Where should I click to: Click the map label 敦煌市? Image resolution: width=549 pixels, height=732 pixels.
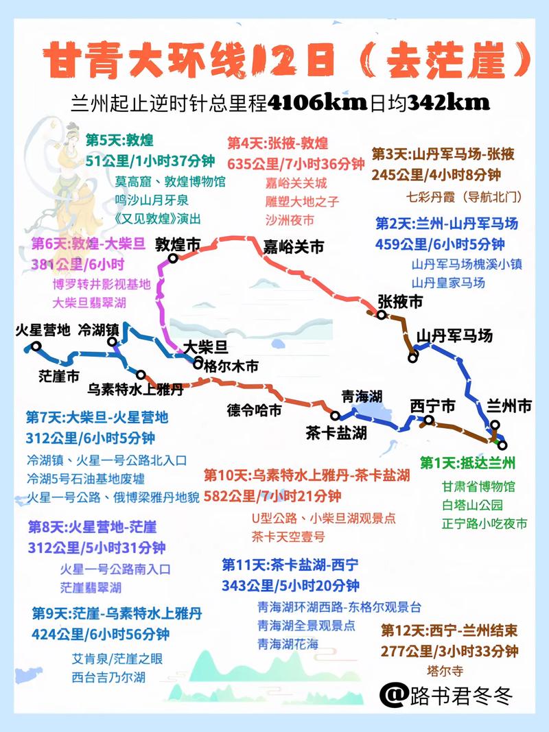click(x=178, y=244)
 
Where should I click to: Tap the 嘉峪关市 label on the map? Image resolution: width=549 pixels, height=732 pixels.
click(x=293, y=247)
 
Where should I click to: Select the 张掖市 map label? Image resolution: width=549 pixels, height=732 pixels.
click(x=400, y=302)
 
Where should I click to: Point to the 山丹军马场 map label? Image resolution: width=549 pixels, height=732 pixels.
click(x=455, y=336)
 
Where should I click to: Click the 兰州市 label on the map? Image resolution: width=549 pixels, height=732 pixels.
click(x=509, y=406)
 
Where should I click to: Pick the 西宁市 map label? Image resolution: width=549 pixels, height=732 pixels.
click(x=432, y=406)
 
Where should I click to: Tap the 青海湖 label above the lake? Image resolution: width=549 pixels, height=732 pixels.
click(x=362, y=396)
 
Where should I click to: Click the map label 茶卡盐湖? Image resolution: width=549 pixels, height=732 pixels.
click(x=336, y=433)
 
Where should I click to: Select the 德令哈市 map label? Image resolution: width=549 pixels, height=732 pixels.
click(x=254, y=410)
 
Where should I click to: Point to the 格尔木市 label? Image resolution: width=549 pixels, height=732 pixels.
click(x=231, y=367)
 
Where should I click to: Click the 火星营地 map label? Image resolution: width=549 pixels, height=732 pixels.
click(x=43, y=330)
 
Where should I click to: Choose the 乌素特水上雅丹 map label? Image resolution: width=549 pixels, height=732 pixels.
click(x=136, y=389)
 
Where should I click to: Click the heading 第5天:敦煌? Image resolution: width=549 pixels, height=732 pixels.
click(x=119, y=140)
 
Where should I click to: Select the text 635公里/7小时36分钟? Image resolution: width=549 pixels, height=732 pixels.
click(x=296, y=164)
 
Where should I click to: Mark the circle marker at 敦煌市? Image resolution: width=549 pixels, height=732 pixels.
click(x=173, y=259)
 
